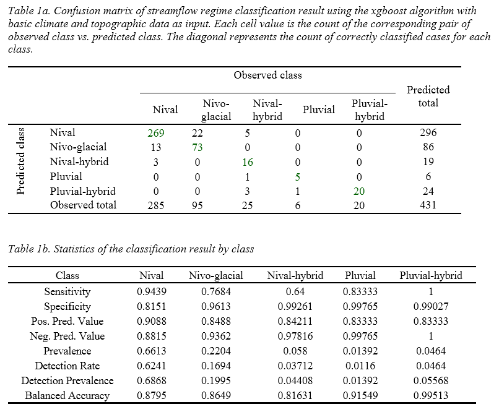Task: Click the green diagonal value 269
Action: click(x=156, y=133)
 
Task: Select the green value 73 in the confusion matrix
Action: click(x=197, y=147)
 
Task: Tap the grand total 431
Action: click(x=428, y=205)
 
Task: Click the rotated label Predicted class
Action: click(x=20, y=161)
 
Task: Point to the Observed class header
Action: click(x=267, y=75)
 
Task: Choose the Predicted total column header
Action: click(x=428, y=97)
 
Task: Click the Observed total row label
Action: click(x=83, y=205)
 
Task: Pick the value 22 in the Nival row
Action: click(x=197, y=133)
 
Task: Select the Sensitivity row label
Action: click(x=67, y=291)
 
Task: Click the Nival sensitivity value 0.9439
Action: click(x=152, y=291)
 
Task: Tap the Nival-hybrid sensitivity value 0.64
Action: click(x=295, y=291)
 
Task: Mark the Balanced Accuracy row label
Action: click(x=67, y=395)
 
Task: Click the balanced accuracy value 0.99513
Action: click(x=430, y=395)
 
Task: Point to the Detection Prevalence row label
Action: click(x=67, y=380)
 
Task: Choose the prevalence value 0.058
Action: click(x=295, y=351)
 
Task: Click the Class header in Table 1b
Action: click(x=67, y=275)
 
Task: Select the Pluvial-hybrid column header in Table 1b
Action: click(x=431, y=275)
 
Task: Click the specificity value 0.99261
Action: click(x=295, y=306)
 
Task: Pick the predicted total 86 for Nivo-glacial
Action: click(x=428, y=147)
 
